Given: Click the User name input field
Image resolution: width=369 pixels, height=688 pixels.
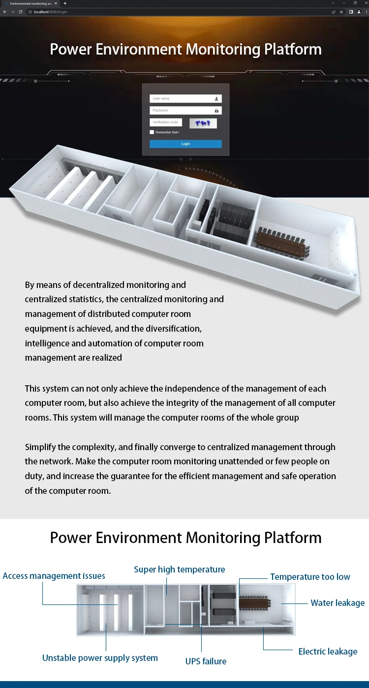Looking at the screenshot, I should [x=182, y=99].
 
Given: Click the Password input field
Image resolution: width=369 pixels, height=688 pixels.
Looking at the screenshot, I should [x=182, y=111].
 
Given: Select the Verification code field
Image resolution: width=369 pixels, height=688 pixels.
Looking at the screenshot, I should [x=166, y=122].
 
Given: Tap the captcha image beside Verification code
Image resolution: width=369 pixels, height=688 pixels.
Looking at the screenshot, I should [x=203, y=123].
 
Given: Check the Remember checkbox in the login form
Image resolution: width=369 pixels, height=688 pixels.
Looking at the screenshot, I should [x=152, y=132].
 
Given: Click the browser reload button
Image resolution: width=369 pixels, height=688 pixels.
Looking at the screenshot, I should [x=20, y=12].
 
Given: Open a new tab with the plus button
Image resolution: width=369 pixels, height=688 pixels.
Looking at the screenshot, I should [x=64, y=3].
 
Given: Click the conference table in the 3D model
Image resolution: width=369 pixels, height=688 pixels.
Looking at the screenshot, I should [x=280, y=241].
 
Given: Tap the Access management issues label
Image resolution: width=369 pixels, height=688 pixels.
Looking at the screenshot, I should [x=54, y=576].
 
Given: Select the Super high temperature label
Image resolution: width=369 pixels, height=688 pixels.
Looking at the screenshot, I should [x=180, y=570].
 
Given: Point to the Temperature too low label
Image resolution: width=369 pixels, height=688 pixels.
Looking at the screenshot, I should [x=310, y=577].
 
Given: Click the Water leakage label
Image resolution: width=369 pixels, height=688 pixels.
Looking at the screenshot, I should [x=338, y=603].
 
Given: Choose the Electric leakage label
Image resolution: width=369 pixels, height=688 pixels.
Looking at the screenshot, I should [x=328, y=652].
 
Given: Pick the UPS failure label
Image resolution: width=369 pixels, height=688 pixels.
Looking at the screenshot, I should [x=206, y=661].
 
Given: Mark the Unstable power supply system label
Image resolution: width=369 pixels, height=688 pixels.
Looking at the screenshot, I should [x=100, y=658].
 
